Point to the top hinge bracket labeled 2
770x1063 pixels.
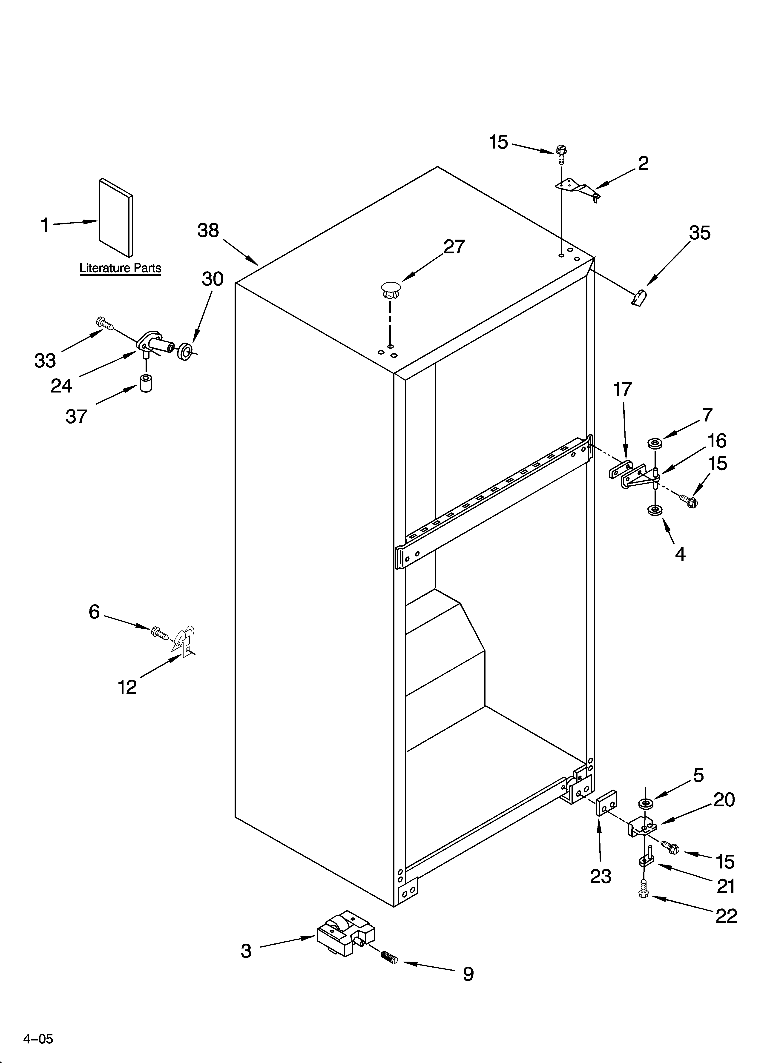click(x=578, y=188)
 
